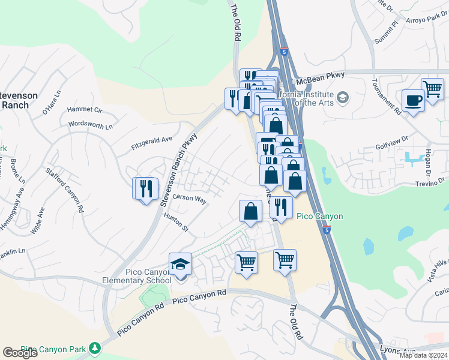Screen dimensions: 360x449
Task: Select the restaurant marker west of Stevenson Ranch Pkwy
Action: click(145, 189)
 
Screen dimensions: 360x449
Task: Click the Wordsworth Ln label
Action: click(91, 126)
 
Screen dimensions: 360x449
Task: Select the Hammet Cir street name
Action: click(85, 110)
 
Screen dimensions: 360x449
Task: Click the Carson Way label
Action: click(189, 198)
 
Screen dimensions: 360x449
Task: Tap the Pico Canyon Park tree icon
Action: click(94, 348)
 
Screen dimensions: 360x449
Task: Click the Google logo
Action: click(20, 353)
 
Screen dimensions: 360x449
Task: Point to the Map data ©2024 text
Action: click(423, 355)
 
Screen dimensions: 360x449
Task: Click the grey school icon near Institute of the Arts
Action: click(343, 97)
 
